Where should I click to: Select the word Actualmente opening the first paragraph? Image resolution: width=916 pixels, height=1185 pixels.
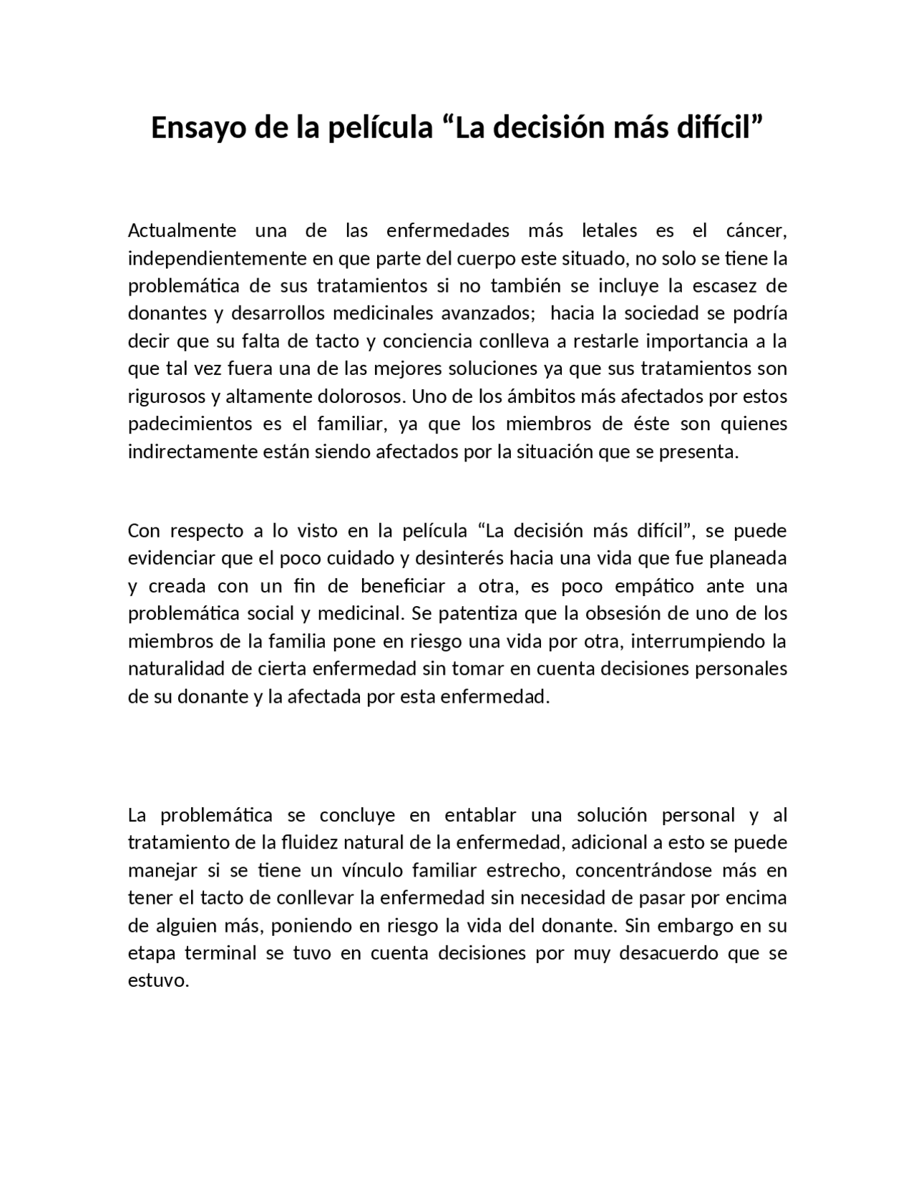pyautogui.click(x=182, y=230)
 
